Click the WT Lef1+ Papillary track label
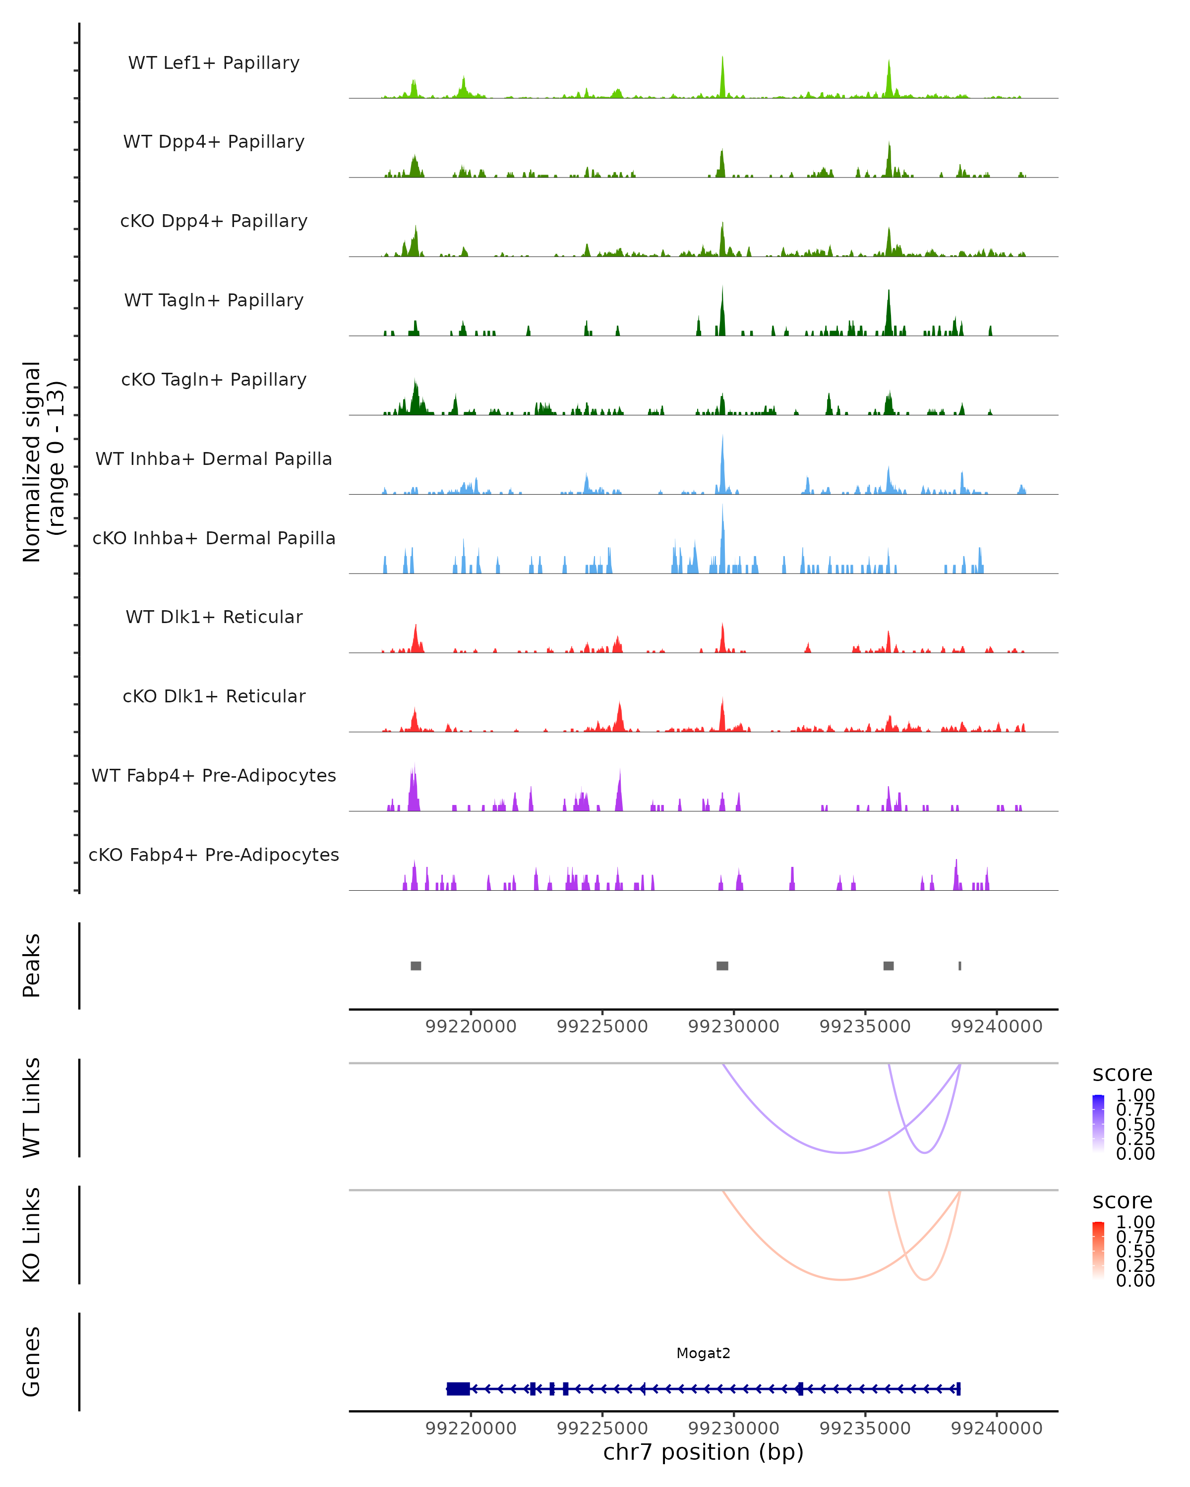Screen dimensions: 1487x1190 pyautogui.click(x=214, y=63)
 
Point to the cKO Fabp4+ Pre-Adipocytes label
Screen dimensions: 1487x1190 pyautogui.click(x=214, y=855)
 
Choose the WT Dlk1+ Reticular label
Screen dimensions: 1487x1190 pyautogui.click(x=214, y=617)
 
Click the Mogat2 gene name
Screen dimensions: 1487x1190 pyautogui.click(x=703, y=1353)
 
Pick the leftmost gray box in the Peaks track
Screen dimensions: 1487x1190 pyautogui.click(x=416, y=966)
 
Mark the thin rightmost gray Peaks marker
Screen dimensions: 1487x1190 pyautogui.click(x=959, y=966)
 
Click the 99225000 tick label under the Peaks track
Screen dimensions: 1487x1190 pyautogui.click(x=602, y=1027)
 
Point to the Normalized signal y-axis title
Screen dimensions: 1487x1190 pyautogui.click(x=43, y=461)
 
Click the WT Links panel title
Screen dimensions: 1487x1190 pyautogui.click(x=32, y=1108)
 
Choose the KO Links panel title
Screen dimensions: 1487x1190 pyautogui.click(x=32, y=1235)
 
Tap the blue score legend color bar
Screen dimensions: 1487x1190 pyautogui.click(x=1098, y=1123)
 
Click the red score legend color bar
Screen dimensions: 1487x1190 pyautogui.click(x=1098, y=1250)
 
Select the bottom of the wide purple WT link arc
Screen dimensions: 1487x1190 pyautogui.click(x=841, y=1152)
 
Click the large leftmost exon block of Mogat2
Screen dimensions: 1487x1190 pyautogui.click(x=458, y=1388)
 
